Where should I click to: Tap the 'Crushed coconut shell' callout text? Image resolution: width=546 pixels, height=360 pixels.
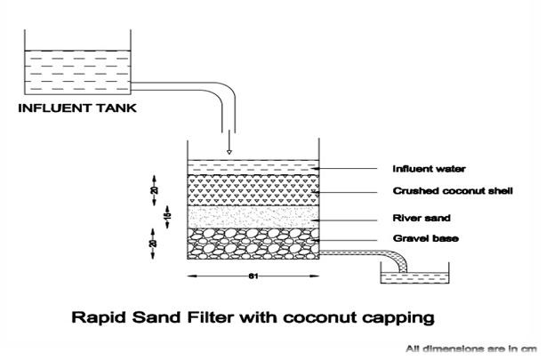click(453, 191)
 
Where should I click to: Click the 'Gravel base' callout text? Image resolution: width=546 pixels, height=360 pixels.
click(420, 238)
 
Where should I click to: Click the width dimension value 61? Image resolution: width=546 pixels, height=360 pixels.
click(253, 276)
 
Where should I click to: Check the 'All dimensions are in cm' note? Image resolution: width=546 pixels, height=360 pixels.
click(472, 348)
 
